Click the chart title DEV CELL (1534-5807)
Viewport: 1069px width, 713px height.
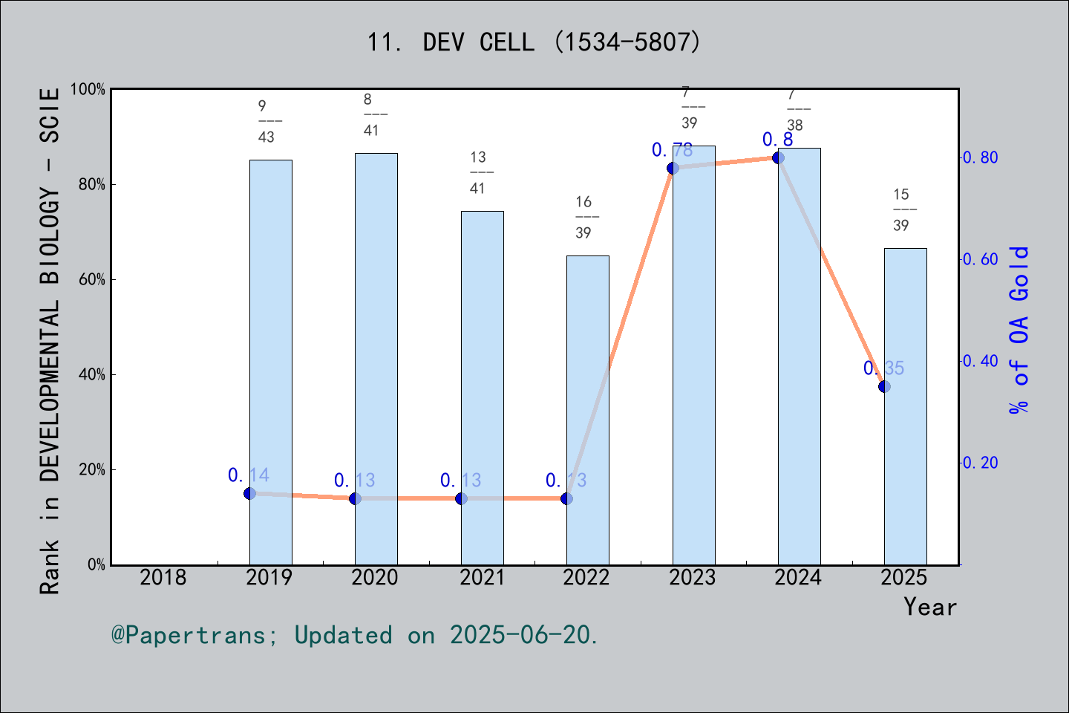(x=534, y=42)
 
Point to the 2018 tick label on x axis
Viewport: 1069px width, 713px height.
(x=163, y=577)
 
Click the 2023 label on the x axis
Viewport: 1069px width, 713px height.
(x=693, y=577)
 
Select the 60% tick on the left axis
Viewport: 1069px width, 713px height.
(x=92, y=279)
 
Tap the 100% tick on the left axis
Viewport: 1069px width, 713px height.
(x=88, y=89)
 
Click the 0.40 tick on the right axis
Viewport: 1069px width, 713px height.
(x=980, y=361)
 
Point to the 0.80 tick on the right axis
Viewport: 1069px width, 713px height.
(x=980, y=157)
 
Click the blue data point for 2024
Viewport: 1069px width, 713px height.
(x=778, y=157)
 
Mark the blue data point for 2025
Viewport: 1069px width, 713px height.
(x=884, y=386)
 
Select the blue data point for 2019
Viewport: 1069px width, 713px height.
(x=249, y=493)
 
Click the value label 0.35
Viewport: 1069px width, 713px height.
(x=883, y=368)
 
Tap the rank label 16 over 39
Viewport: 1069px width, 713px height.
(x=583, y=217)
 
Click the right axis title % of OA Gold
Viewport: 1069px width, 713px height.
(x=1019, y=330)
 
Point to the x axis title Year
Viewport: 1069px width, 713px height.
(x=929, y=607)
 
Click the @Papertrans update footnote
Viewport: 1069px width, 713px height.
(x=355, y=635)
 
